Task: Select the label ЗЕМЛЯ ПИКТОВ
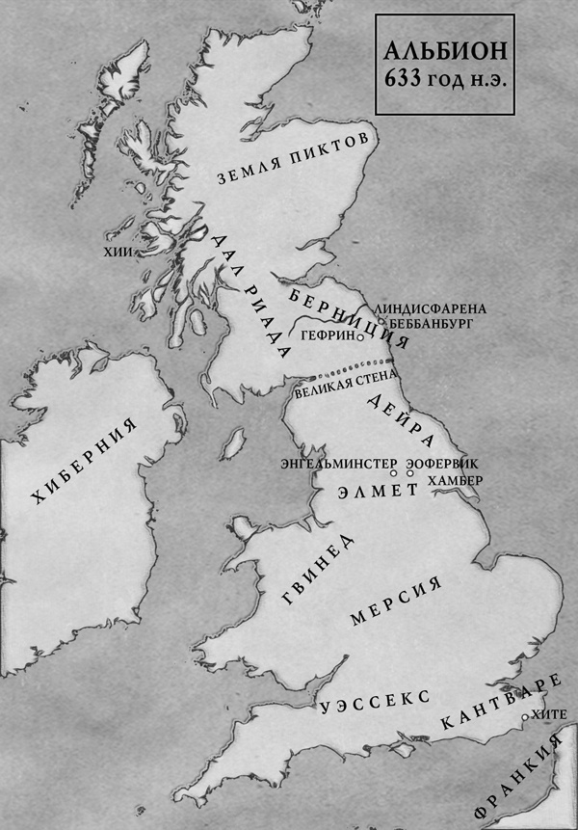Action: click(293, 159)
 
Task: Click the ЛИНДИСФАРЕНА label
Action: click(435, 308)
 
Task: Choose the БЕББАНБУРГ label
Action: click(433, 325)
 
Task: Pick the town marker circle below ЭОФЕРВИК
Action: click(409, 474)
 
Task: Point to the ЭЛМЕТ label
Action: click(377, 491)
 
